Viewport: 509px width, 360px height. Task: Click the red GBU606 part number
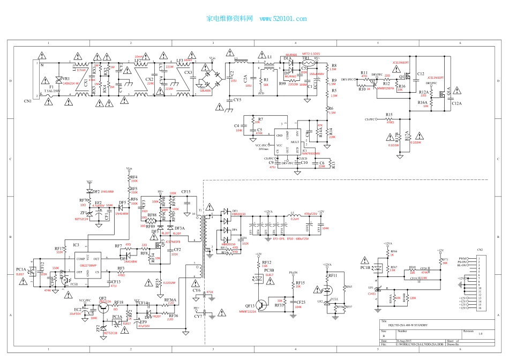coord(205,91)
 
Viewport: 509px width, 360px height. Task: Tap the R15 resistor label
coord(388,115)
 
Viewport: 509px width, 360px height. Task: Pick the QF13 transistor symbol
coord(258,304)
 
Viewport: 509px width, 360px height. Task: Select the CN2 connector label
coord(480,250)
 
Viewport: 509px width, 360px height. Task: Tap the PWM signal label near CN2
coord(461,258)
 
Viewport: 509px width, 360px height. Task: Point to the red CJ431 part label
coord(372,294)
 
